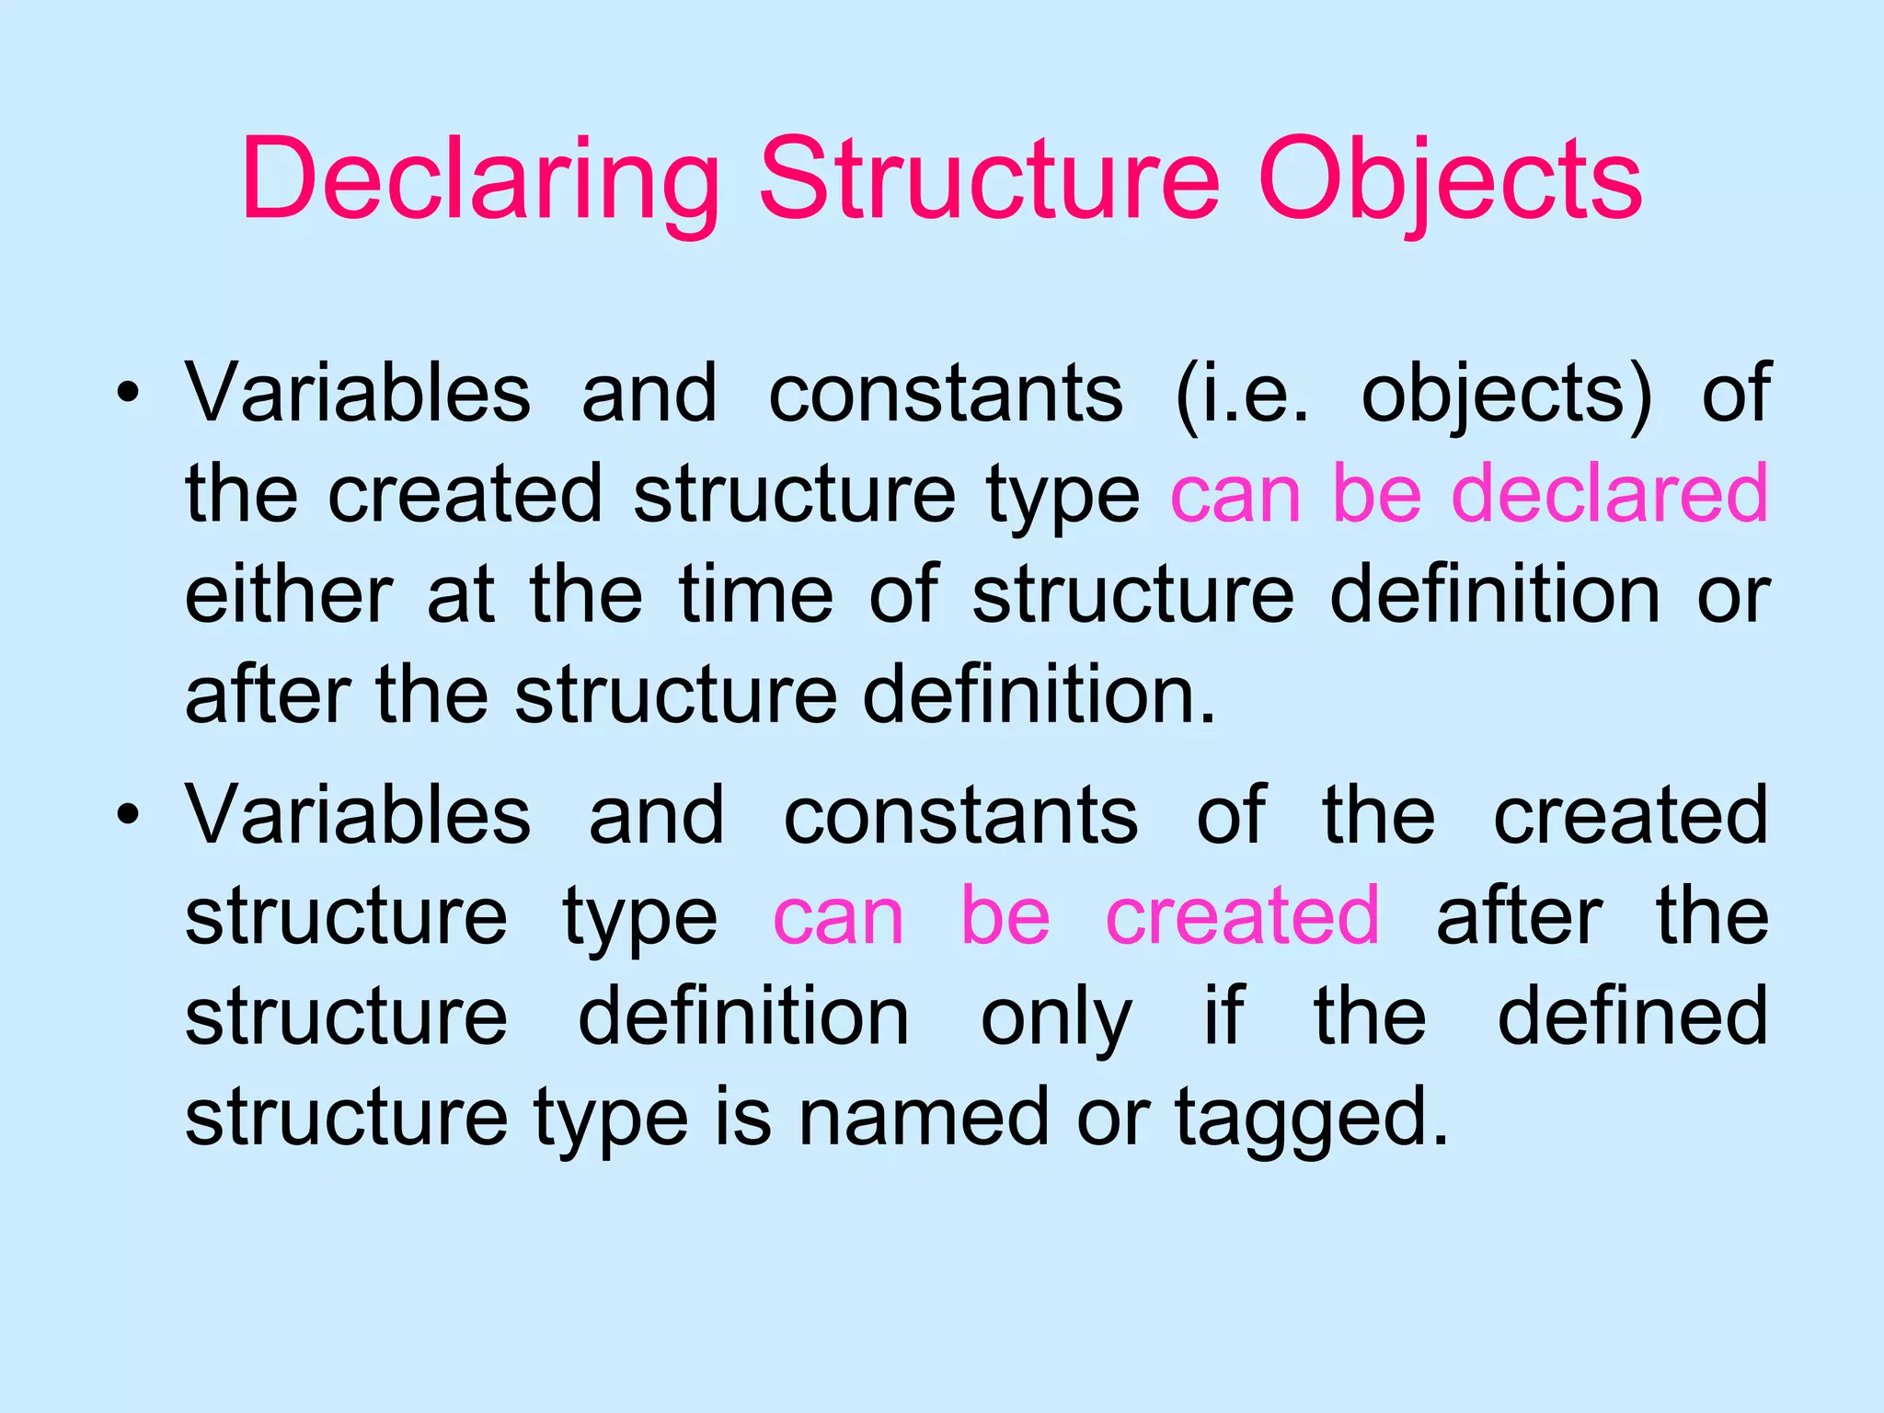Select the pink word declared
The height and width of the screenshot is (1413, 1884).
(x=1609, y=494)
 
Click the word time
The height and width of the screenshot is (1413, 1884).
(x=756, y=595)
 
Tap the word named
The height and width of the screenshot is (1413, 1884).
(x=923, y=1118)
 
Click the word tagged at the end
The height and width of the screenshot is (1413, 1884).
(x=1310, y=1118)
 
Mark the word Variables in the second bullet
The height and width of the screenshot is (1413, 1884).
(x=358, y=814)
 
